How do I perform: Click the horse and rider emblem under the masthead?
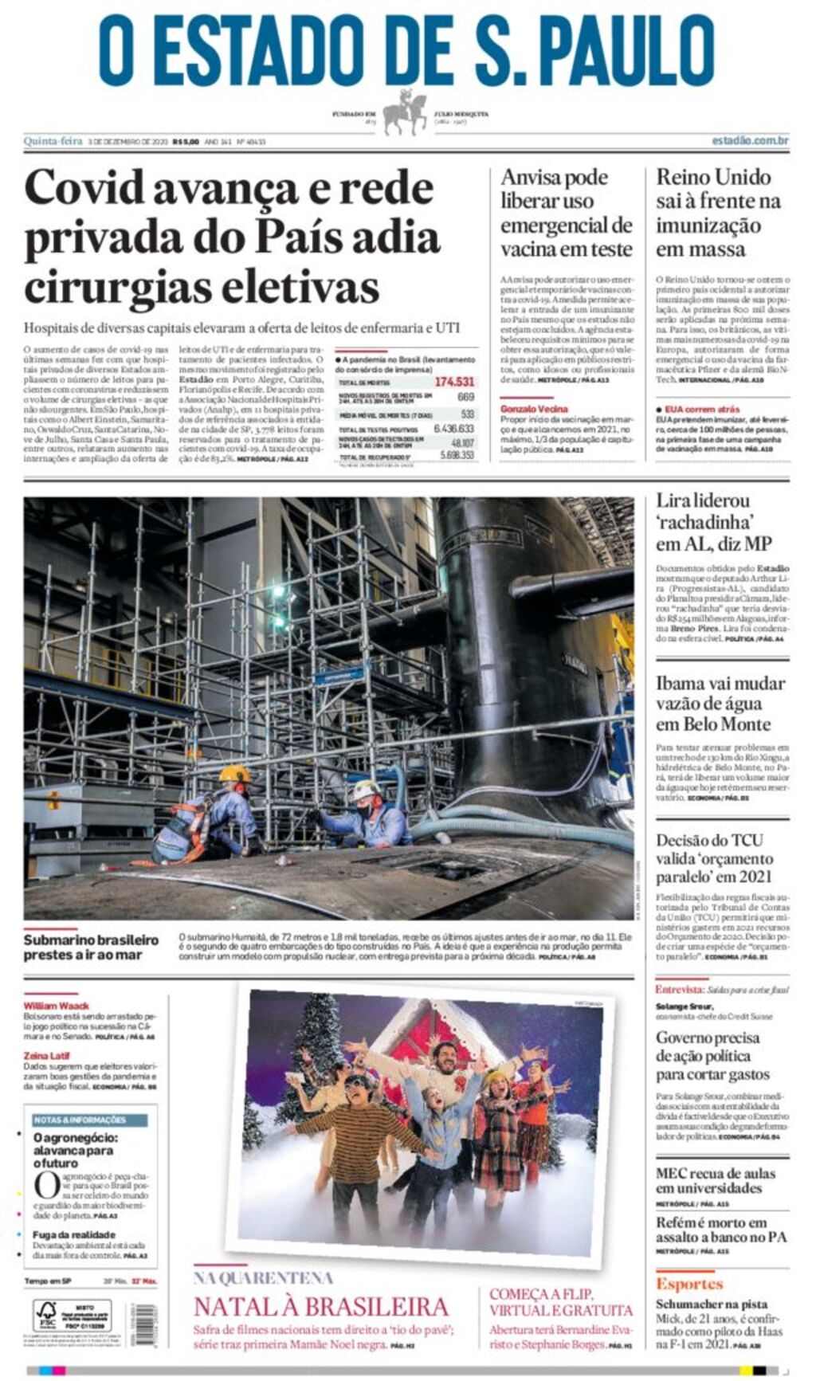(x=406, y=114)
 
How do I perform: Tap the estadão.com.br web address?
(x=749, y=141)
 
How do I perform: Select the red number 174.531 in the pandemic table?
(x=454, y=382)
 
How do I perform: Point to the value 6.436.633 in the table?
(x=453, y=429)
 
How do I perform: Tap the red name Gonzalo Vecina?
(x=534, y=409)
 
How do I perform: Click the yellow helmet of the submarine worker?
(x=233, y=774)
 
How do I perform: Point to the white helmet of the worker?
(x=366, y=789)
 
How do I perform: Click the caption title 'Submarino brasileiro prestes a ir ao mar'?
(x=91, y=947)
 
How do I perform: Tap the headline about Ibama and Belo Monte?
(x=720, y=704)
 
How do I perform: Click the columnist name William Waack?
(x=56, y=1006)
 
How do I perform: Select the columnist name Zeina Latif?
(x=47, y=1055)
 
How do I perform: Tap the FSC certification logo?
(x=46, y=1312)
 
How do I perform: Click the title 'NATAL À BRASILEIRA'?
(x=321, y=1308)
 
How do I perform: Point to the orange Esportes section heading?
(x=688, y=1284)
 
